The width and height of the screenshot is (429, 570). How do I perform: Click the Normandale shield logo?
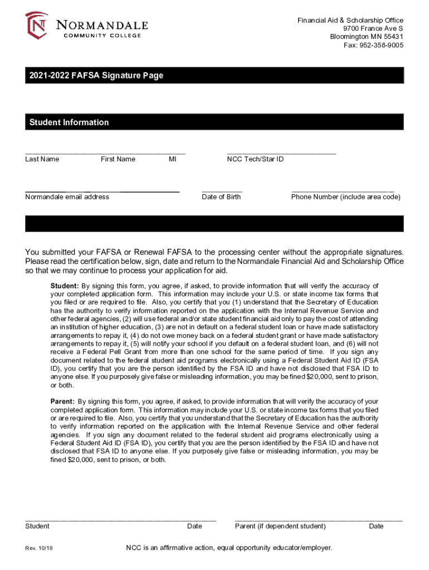click(x=36, y=26)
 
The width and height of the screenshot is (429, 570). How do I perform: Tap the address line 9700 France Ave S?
click(x=373, y=29)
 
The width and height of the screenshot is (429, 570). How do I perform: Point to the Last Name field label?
click(x=42, y=159)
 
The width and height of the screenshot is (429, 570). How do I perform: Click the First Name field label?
click(x=118, y=159)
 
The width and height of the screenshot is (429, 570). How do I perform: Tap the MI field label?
click(x=172, y=159)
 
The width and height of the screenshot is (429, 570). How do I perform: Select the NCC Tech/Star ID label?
click(x=255, y=159)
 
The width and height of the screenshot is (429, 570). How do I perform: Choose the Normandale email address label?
click(x=67, y=196)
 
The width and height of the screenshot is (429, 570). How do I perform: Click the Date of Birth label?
click(x=221, y=196)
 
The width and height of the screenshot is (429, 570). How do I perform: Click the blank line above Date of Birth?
click(x=222, y=190)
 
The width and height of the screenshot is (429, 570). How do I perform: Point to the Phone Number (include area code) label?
click(x=345, y=196)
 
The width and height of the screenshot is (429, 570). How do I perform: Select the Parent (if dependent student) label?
click(x=280, y=526)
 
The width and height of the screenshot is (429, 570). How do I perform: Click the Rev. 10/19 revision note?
click(x=39, y=549)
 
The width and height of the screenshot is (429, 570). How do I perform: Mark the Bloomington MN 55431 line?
click(x=367, y=37)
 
